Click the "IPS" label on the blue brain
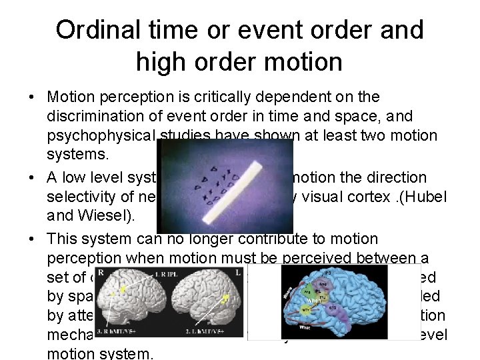click(327, 273)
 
